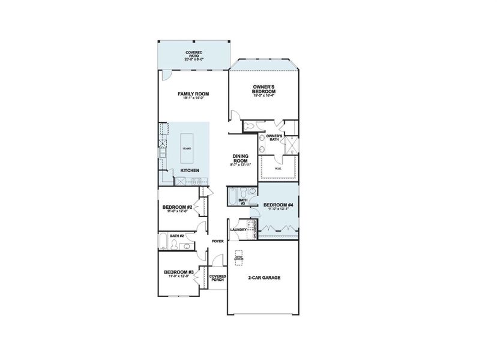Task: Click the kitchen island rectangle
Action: click(188, 148)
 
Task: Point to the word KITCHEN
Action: click(190, 170)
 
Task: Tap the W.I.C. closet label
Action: click(279, 169)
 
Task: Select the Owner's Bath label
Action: click(274, 138)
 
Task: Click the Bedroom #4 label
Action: click(278, 205)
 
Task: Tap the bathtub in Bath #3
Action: click(232, 197)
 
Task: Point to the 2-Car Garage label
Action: click(264, 278)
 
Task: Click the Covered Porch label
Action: click(218, 278)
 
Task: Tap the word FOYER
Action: click(217, 241)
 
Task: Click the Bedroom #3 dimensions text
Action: click(179, 277)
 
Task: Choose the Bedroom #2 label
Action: click(177, 207)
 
